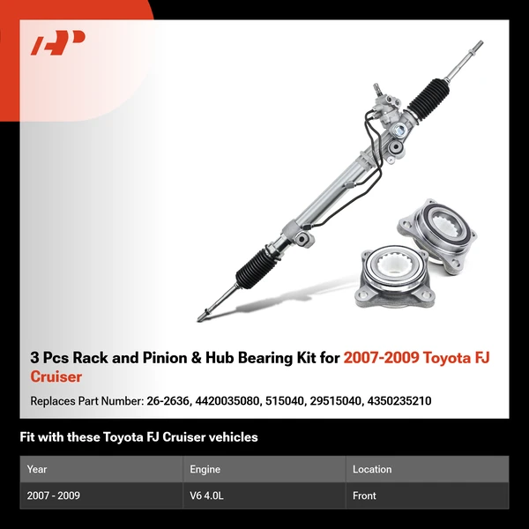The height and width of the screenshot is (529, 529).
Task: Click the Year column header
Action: [37, 469]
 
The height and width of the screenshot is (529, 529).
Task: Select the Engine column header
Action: [205, 469]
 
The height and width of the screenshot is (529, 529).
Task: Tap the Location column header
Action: [372, 469]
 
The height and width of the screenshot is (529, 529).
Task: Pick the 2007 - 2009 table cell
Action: [54, 495]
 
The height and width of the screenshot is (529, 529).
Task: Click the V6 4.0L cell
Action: [207, 495]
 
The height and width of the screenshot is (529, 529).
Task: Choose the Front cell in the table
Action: [364, 495]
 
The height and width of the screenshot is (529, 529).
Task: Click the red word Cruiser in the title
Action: [56, 376]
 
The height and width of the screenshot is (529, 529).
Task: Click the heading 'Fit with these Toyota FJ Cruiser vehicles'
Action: [138, 436]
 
